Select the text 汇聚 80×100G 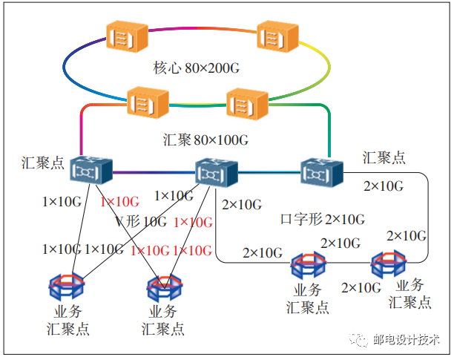(205, 140)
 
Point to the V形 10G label (140, 221)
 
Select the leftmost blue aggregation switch (91, 171)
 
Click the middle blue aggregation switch (216, 173)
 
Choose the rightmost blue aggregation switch (320, 171)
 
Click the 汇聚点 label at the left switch (42, 163)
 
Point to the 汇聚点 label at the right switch (384, 158)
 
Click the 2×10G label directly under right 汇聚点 (384, 186)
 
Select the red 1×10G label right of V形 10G (193, 222)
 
